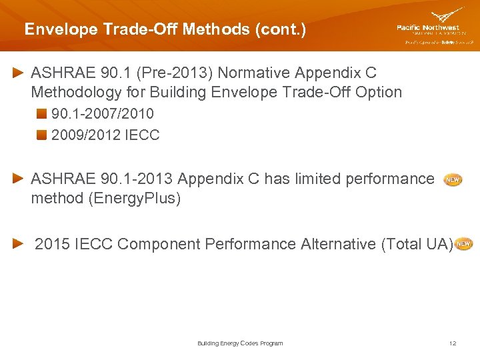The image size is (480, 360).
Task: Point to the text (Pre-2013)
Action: [183, 72]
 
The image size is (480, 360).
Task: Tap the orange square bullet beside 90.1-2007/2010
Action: [42, 114]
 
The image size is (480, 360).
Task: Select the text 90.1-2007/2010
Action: [102, 114]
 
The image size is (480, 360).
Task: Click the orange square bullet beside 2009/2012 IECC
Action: [42, 135]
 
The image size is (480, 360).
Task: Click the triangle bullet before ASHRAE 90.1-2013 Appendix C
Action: [21, 179]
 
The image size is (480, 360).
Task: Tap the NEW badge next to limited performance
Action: [453, 180]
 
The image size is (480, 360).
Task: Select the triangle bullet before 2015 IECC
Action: [21, 245]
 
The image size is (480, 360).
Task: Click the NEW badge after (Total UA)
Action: [464, 245]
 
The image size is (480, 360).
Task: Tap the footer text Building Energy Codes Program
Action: [240, 343]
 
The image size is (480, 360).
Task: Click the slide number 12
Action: [453, 343]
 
